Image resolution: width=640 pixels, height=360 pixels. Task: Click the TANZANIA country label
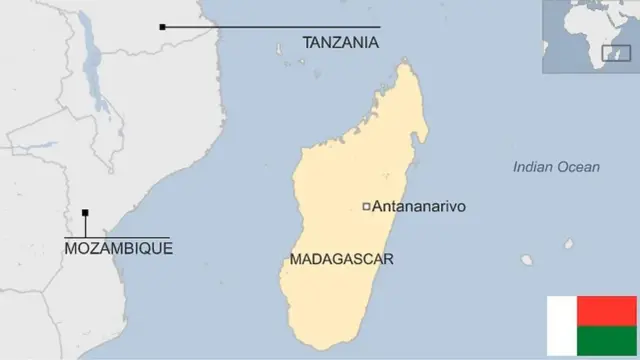pyautogui.click(x=341, y=42)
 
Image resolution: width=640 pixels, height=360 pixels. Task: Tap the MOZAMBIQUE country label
pyautogui.click(x=118, y=247)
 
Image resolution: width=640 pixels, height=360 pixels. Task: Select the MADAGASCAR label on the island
pyautogui.click(x=341, y=259)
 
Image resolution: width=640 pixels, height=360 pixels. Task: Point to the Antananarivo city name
pyautogui.click(x=419, y=207)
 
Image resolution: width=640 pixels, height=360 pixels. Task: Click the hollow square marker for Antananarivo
pyautogui.click(x=366, y=207)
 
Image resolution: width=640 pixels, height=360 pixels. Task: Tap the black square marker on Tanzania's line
pyautogui.click(x=162, y=27)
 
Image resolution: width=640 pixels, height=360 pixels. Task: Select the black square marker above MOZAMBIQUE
pyautogui.click(x=85, y=212)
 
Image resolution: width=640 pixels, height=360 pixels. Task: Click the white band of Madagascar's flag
pyautogui.click(x=560, y=327)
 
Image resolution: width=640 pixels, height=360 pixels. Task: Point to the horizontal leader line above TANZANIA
pyautogui.click(x=270, y=27)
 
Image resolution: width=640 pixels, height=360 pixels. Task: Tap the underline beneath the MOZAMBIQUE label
pyautogui.click(x=118, y=237)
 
